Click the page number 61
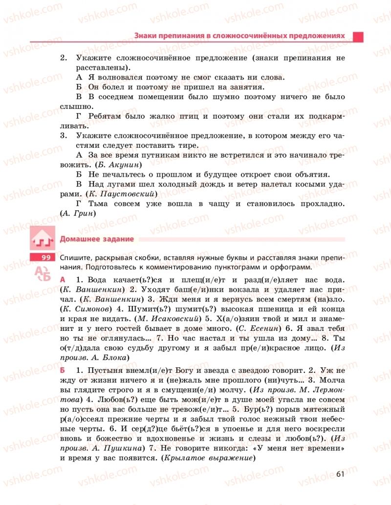tap(341, 473)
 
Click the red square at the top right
tap(358, 37)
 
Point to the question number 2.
tap(63, 58)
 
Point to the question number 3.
tap(63, 135)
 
